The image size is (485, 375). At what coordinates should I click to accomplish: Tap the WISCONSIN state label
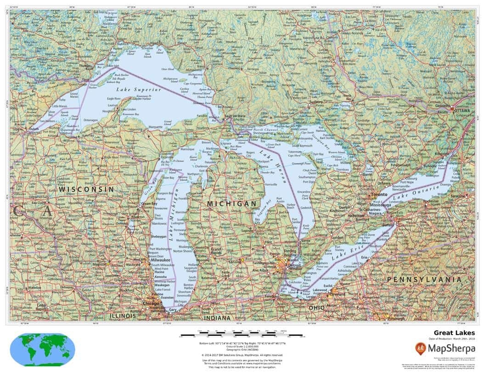coord(86,189)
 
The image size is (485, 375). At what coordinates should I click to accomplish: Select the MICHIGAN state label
coord(231,203)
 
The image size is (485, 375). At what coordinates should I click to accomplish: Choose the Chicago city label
coord(151,304)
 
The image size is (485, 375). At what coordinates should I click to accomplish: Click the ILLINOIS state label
coord(123,316)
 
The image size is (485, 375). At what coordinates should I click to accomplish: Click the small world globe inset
coord(42,349)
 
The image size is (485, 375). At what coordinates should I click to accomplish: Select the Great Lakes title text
coord(454,333)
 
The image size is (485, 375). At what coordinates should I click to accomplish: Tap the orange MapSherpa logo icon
coord(421,348)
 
